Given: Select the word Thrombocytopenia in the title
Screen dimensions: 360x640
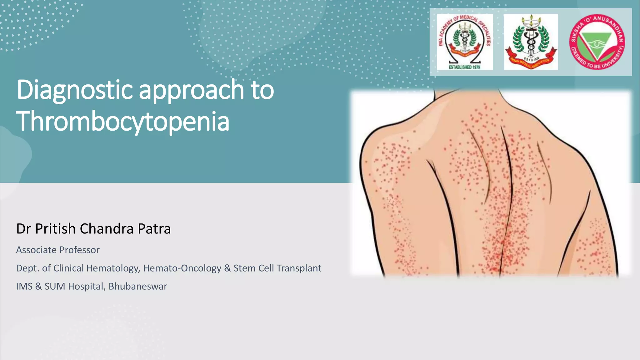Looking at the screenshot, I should point(123,121).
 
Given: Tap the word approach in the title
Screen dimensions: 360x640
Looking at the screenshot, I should point(191,91).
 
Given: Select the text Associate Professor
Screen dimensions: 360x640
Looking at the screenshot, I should point(58,250).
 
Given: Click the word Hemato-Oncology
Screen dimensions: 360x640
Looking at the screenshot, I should point(182,268).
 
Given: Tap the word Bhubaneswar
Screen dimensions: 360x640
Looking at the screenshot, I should point(138,286).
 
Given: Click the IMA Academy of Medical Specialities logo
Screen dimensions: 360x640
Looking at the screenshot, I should point(465,42).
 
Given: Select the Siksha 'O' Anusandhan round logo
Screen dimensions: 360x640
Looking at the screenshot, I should point(597,42).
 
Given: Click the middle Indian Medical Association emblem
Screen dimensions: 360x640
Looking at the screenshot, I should point(531,42).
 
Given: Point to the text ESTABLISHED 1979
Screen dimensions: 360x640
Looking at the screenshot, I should point(464,67).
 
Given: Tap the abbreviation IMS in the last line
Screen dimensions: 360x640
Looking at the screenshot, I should point(24,286).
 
